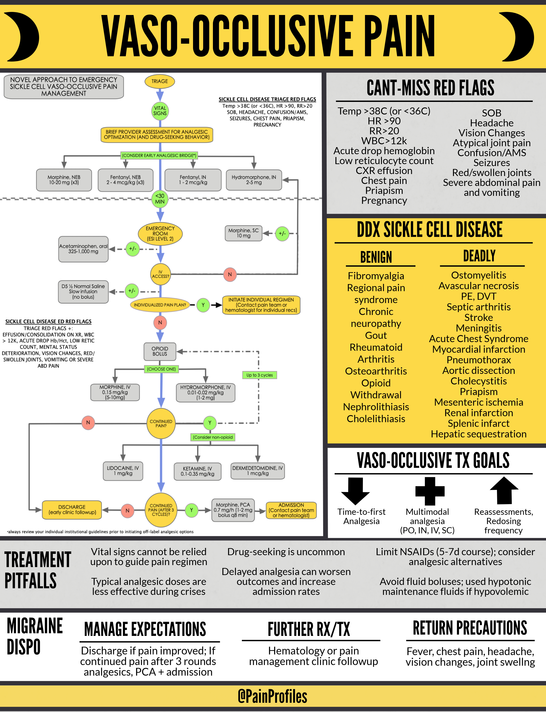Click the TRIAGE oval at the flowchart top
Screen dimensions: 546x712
pyautogui.click(x=159, y=81)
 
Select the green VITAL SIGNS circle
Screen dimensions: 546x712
pyautogui.click(x=160, y=111)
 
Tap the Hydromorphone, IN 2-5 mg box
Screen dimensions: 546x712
pyautogui.click(x=254, y=180)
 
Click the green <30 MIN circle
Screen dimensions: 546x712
pyautogui.click(x=160, y=199)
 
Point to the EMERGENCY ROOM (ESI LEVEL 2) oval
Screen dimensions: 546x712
pyautogui.click(x=160, y=233)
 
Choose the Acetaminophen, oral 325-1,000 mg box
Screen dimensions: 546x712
pyautogui.click(x=83, y=249)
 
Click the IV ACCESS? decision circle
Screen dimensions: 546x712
pyautogui.click(x=161, y=274)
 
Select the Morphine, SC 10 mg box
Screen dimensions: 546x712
pyautogui.click(x=243, y=233)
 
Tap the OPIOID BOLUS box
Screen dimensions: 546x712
pyautogui.click(x=160, y=351)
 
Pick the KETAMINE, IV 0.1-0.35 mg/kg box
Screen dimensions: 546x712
pyautogui.click(x=198, y=471)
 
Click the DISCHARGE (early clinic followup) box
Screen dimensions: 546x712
pyautogui.click(x=72, y=510)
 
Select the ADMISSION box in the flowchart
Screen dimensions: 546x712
pyautogui.click(x=291, y=510)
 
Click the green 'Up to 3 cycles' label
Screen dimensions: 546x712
pyautogui.click(x=259, y=375)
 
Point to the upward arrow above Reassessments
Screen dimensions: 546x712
pyautogui.click(x=504, y=490)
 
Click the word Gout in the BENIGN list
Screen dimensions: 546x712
pyautogui.click(x=376, y=335)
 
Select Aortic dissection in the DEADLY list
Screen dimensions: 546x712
pyautogui.click(x=479, y=370)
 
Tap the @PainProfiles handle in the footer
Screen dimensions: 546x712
pyautogui.click(x=272, y=696)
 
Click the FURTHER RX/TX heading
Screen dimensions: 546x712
pyautogui.click(x=309, y=629)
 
